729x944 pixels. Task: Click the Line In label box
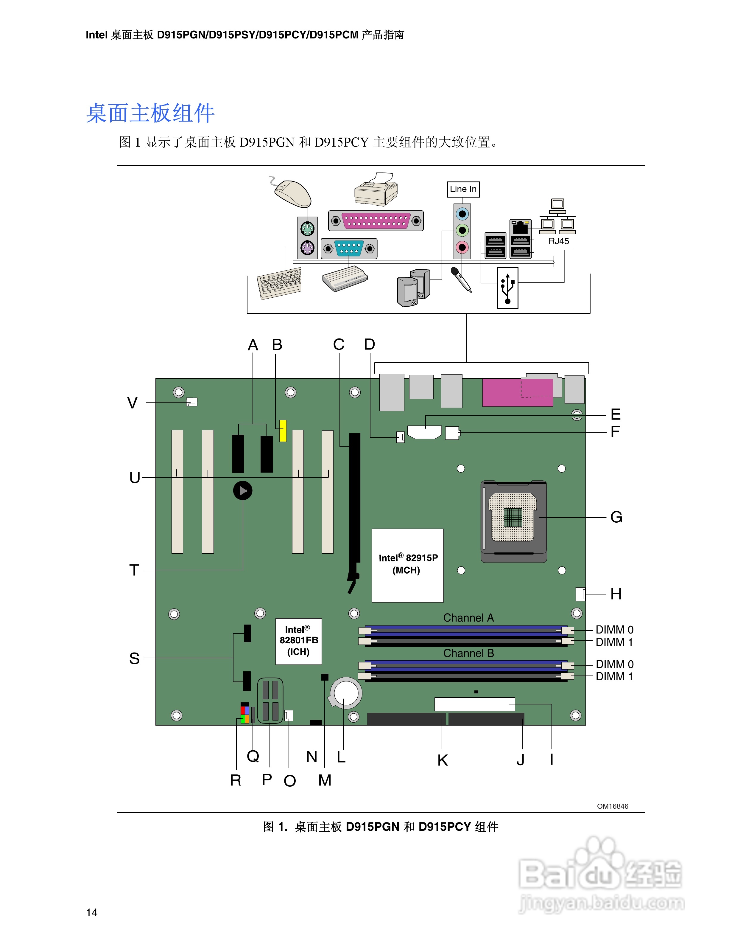463,189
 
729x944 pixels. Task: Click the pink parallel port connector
376,221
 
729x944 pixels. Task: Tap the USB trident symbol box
507,288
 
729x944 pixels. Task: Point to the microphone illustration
461,280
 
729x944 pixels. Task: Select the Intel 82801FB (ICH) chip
298,641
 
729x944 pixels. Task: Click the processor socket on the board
513,521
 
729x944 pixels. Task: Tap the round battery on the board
346,693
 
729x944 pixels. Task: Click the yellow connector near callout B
283,431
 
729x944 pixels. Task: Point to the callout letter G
616,517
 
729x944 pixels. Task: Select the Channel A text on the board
468,618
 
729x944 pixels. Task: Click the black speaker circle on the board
243,490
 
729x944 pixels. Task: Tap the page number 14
91,912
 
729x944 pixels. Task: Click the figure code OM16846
612,806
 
